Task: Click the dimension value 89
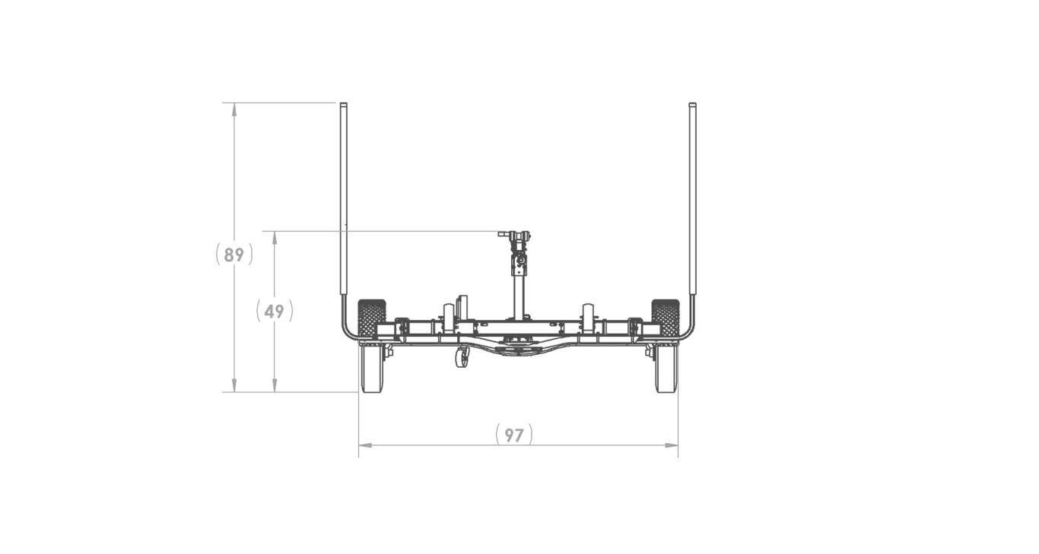point(234,255)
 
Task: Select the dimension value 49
point(275,311)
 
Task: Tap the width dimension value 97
point(514,435)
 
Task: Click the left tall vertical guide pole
point(343,198)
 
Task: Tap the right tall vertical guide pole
point(692,198)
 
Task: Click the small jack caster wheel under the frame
point(462,358)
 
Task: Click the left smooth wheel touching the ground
point(372,369)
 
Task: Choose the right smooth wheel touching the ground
point(666,369)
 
